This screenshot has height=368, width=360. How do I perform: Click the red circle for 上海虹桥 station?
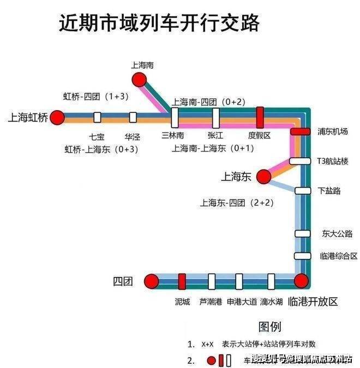point(57,117)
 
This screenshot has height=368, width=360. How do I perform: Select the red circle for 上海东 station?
point(263,176)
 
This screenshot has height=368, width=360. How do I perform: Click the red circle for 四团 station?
point(151,281)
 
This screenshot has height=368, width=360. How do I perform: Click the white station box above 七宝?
point(97,117)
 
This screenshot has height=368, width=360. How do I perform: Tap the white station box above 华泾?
point(133,117)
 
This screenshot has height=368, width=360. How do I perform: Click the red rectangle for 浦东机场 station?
point(300,131)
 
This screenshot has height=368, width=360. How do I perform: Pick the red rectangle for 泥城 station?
point(182,281)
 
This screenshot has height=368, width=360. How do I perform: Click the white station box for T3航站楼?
point(300,161)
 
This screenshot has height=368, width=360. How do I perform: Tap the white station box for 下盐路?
point(302,191)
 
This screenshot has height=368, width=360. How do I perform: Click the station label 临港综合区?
point(338,256)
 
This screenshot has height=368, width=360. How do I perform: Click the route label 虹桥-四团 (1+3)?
point(95,96)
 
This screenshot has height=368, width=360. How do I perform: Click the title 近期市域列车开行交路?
point(158,24)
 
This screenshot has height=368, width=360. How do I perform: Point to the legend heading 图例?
point(269,327)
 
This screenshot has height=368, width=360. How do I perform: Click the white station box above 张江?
point(215,117)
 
